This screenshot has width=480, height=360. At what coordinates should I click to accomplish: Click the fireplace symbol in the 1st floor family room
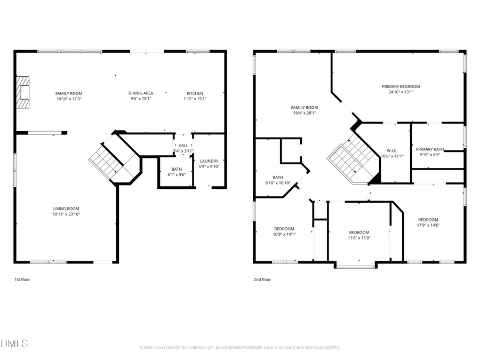click(22, 93)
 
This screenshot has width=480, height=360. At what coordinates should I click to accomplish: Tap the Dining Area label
click(141, 93)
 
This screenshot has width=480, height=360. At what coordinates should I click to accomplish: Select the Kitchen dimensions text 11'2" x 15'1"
click(195, 99)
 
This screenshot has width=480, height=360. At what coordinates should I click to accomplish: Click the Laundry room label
click(209, 161)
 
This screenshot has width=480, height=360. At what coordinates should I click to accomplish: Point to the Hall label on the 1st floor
click(183, 146)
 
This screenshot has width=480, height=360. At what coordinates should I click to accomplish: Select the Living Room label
click(66, 209)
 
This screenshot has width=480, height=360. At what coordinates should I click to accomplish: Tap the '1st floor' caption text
click(22, 279)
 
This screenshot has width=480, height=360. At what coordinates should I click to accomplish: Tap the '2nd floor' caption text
click(262, 279)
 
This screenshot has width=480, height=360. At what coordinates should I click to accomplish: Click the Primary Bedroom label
click(401, 86)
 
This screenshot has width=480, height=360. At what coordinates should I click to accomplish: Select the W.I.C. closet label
click(392, 150)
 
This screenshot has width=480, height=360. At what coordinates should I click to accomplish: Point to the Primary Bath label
click(430, 149)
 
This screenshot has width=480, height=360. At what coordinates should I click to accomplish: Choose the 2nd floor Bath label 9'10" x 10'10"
click(277, 178)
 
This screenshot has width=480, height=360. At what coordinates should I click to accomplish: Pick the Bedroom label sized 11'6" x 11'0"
click(359, 232)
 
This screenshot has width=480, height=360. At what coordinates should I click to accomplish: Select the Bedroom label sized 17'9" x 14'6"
click(428, 220)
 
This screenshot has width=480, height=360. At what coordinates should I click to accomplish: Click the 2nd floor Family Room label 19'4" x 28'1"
click(304, 107)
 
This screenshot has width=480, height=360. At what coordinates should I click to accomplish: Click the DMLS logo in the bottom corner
click(14, 343)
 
